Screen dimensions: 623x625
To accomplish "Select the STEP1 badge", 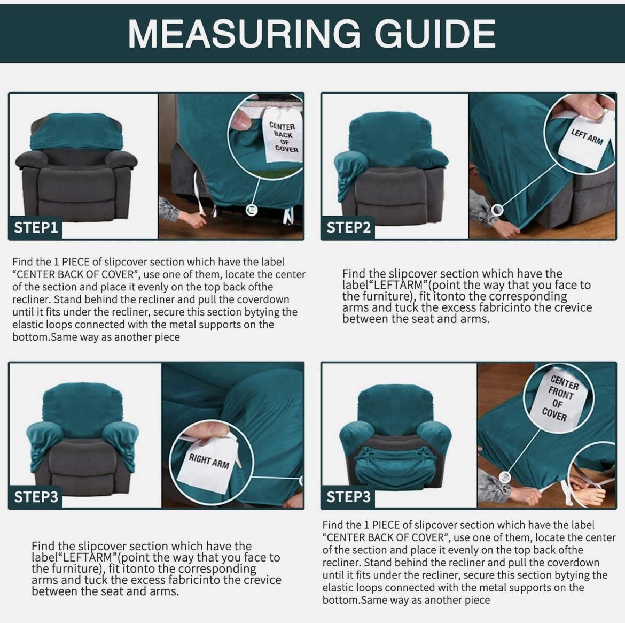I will click(x=36, y=227).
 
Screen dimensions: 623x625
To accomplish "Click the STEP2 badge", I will click(x=348, y=227).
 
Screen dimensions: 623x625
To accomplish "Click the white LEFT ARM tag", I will click(x=585, y=138).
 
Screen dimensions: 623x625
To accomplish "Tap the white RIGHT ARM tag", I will click(x=208, y=461).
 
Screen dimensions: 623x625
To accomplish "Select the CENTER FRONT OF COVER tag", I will click(x=560, y=398).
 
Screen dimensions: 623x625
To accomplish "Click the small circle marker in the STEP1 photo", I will click(x=252, y=210).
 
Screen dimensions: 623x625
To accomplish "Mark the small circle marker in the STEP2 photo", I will click(x=497, y=210).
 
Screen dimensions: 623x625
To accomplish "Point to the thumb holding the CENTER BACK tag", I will click(x=241, y=121).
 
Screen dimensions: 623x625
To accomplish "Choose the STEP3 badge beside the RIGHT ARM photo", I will click(x=36, y=497).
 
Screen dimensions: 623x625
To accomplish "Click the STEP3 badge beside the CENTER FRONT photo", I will click(x=348, y=497).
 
